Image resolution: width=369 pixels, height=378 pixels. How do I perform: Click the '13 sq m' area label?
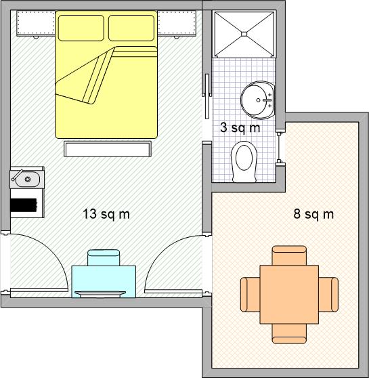106,214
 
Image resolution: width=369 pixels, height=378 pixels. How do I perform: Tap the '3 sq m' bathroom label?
240,127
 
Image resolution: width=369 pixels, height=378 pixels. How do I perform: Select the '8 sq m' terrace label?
313,214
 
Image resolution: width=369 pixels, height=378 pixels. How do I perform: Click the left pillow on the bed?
81,28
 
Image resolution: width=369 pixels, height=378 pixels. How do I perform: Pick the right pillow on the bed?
131,28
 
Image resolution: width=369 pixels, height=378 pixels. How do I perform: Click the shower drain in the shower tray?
244,34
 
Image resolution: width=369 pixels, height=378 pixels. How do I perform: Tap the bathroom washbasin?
258,100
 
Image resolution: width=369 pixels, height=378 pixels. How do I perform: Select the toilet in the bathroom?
244,161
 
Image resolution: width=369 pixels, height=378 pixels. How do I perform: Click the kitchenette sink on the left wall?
27,179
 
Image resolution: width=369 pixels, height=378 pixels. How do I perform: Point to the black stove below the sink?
24,205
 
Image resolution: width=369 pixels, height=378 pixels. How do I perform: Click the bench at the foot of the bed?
108,149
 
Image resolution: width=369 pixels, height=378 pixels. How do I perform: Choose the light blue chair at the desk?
104,257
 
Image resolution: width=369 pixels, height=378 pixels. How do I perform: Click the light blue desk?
104,282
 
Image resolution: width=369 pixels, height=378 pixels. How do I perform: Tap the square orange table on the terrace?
289,295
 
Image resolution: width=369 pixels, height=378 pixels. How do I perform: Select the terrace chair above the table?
289,255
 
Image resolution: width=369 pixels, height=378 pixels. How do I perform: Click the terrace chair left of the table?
251,295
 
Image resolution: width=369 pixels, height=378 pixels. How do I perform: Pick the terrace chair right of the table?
328,295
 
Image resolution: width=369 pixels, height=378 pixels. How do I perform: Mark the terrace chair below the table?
289,334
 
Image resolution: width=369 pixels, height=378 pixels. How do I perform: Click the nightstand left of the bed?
36,24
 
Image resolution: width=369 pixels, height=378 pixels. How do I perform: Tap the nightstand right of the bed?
177,24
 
